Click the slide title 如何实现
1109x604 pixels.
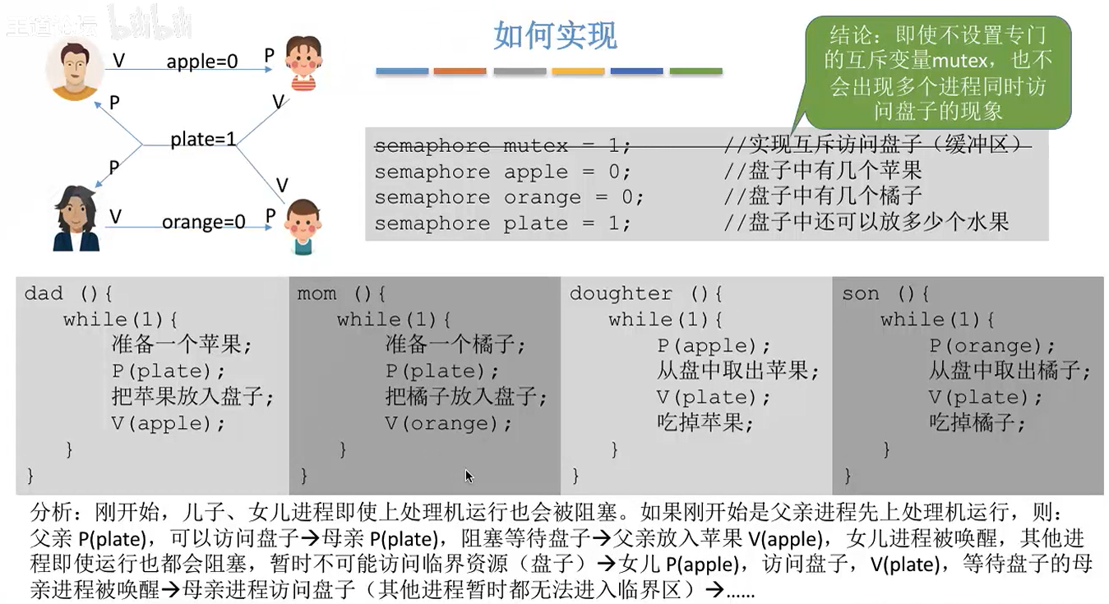tap(555, 36)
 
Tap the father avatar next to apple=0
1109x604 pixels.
tap(75, 69)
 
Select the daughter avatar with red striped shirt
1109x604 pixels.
tap(303, 62)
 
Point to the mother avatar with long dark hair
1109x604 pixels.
tap(76, 219)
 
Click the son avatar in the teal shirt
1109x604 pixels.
tap(303, 226)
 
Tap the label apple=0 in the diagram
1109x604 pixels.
tap(201, 62)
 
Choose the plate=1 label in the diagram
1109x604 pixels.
tap(203, 140)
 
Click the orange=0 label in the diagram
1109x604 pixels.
tap(204, 222)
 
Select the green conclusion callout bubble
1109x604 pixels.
tap(939, 72)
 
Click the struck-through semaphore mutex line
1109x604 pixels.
tap(503, 146)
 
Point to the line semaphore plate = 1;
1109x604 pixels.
tap(503, 224)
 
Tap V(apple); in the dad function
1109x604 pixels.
tap(169, 424)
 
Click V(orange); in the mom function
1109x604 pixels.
tap(448, 424)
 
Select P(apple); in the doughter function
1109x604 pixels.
tap(714, 346)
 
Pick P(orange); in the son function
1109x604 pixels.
tap(992, 346)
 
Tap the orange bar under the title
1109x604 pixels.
tap(460, 71)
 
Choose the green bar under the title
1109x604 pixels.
tap(695, 71)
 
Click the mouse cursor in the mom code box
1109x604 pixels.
tap(469, 476)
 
